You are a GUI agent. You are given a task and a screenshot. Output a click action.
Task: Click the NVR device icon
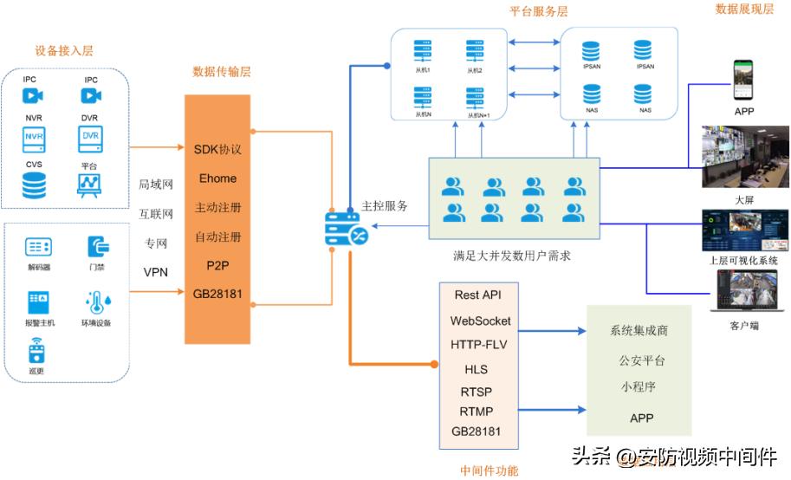(x=34, y=137)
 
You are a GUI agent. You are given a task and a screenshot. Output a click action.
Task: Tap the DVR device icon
(x=90, y=137)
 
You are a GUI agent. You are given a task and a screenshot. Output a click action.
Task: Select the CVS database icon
(x=34, y=184)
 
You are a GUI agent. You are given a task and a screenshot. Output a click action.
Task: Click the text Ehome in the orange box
(x=217, y=178)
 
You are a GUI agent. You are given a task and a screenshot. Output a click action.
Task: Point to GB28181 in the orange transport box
(x=218, y=295)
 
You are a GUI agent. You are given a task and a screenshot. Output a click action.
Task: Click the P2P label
(x=217, y=265)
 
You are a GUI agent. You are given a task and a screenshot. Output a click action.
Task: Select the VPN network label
(x=155, y=272)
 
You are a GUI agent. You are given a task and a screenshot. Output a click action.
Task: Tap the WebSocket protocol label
(x=480, y=321)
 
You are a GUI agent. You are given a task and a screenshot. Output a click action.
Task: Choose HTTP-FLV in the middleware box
(x=480, y=344)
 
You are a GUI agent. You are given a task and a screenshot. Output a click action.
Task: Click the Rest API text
(x=479, y=295)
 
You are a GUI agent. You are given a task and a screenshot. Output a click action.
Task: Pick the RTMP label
(x=476, y=411)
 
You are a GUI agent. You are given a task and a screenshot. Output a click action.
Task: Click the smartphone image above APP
(x=744, y=81)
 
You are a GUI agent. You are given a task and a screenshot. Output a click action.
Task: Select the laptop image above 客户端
(x=743, y=291)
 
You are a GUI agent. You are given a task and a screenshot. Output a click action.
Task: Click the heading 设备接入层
(x=63, y=51)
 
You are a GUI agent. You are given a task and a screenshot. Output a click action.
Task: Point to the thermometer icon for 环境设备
(x=95, y=302)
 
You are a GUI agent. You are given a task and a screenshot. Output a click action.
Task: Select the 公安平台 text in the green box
(x=643, y=360)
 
